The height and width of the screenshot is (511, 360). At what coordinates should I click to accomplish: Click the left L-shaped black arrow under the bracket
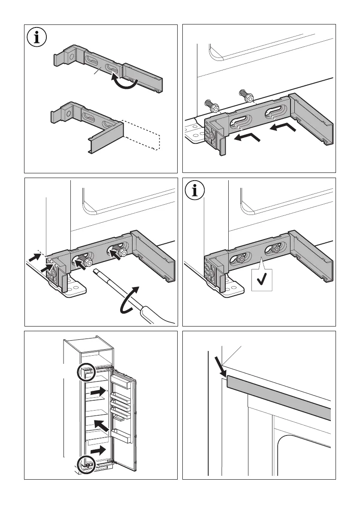(247, 138)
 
